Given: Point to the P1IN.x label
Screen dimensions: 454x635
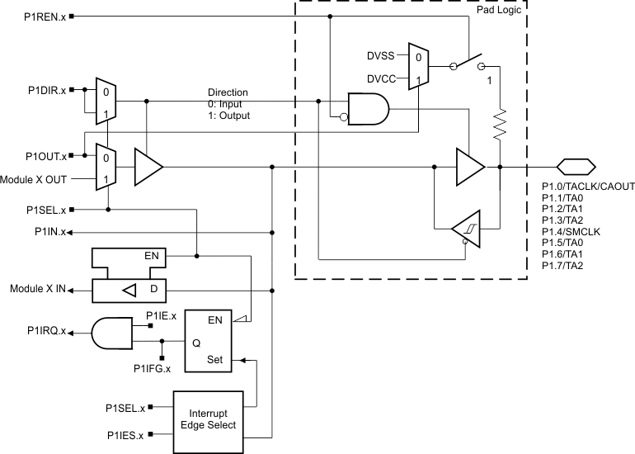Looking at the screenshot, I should point(53,233).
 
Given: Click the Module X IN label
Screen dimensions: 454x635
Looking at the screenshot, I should point(38,290).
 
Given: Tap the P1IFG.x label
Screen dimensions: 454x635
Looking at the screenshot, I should point(151,367).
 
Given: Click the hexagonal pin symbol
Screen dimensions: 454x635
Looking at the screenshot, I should point(576,166).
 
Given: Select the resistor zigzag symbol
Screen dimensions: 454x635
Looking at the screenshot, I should point(500,126).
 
